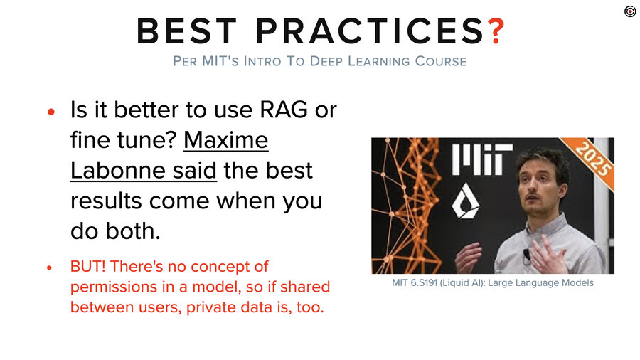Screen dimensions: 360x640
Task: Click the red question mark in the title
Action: (495, 31)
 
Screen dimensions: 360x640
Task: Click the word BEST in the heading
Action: (187, 31)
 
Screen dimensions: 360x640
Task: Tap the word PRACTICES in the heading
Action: (366, 31)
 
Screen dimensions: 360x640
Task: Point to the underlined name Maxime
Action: (226, 140)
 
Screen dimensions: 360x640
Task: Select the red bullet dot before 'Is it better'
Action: (50, 112)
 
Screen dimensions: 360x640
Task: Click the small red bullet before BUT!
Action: (50, 268)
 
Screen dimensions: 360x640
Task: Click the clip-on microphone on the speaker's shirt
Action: (527, 253)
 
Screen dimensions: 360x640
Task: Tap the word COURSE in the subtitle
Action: (440, 61)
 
